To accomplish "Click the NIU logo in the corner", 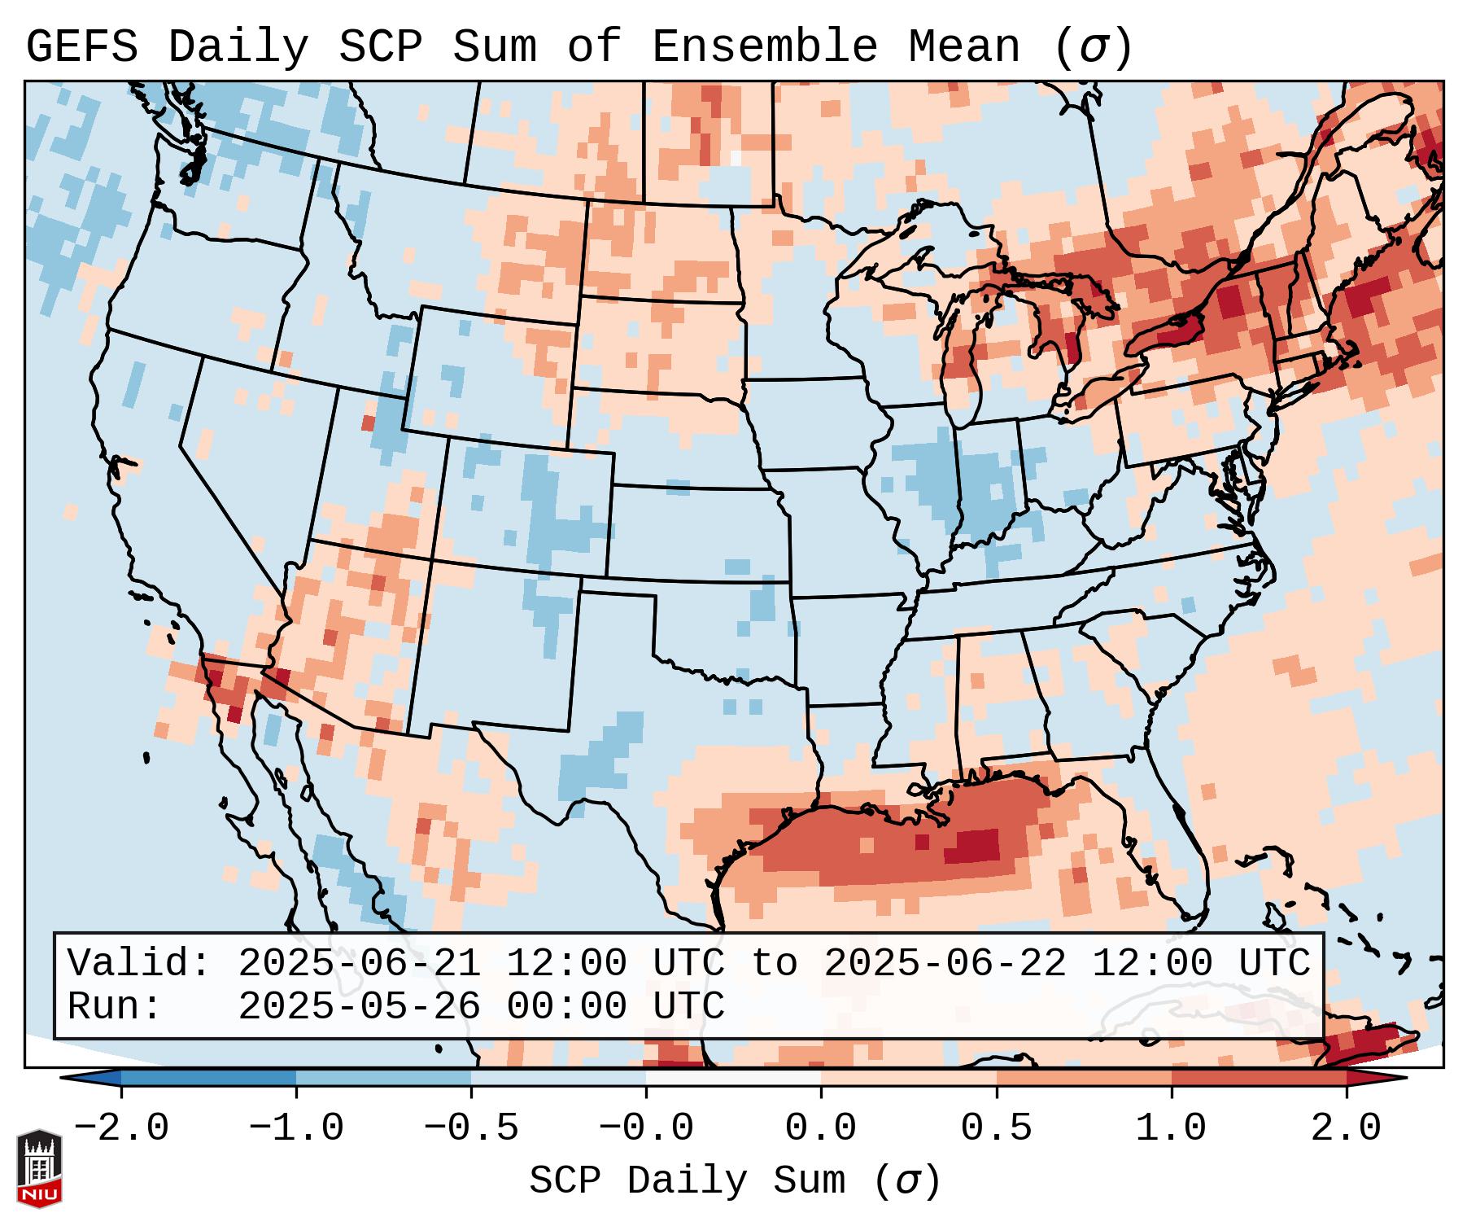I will coord(39,1167).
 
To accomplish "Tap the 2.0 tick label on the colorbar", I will coord(1346,1127).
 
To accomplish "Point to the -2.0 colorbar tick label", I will coord(121,1127).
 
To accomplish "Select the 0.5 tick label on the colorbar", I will coord(996,1127).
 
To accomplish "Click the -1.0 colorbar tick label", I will coord(296,1127).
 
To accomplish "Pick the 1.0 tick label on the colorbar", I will coord(1171,1127).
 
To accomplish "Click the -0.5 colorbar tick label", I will coord(471,1127).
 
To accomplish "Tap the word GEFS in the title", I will coord(81,47).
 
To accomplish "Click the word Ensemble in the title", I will coord(765,47).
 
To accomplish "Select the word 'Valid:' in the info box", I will coord(139,964).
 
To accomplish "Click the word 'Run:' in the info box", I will coord(115,1006).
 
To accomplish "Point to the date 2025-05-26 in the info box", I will coord(359,1006).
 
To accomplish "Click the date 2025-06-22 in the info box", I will coord(945,964).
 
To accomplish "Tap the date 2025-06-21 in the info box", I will coord(359,964).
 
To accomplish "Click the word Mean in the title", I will coord(963,47).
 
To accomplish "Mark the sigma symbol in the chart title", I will coord(1093,47).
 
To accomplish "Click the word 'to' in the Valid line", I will coord(774,964).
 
